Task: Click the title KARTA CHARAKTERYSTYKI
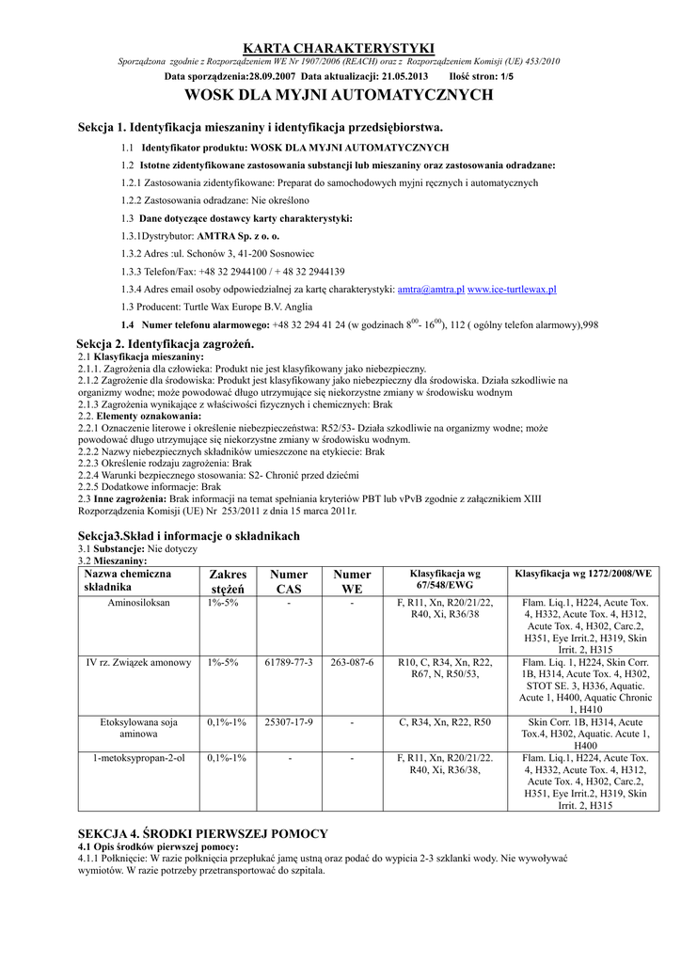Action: [x=339, y=48]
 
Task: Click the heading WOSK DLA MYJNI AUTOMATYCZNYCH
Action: [x=339, y=95]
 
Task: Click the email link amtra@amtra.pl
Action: [x=431, y=290]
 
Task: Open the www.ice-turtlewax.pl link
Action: [x=512, y=290]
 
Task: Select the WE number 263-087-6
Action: [x=352, y=663]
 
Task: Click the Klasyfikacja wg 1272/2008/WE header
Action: [x=584, y=573]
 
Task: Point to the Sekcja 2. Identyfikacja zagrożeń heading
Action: [x=166, y=346]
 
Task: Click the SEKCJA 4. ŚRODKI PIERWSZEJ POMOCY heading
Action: [x=202, y=834]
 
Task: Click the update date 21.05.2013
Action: [x=404, y=75]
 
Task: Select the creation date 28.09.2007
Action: [x=274, y=75]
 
